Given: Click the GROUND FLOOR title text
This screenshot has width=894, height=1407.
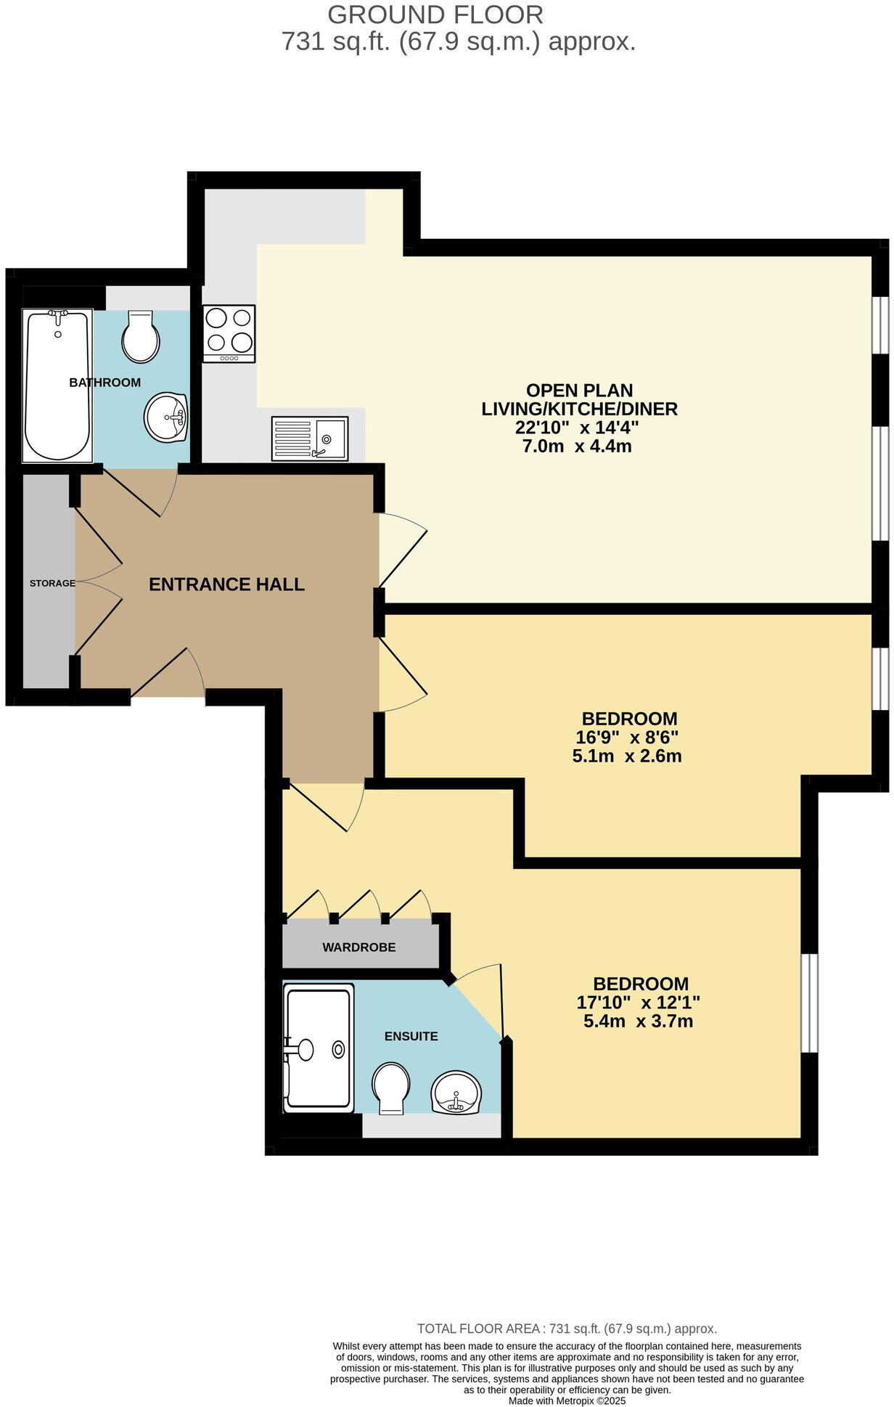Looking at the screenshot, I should click(435, 15).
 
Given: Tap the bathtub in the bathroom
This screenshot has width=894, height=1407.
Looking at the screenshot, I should click(57, 385).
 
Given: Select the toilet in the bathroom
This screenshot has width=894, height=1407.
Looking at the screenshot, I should click(140, 337).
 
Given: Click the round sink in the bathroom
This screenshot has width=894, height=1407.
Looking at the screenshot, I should click(166, 417).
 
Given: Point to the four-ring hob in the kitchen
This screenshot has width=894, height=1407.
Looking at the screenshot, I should click(229, 334).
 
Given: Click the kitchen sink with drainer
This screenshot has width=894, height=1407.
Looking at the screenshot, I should click(310, 438).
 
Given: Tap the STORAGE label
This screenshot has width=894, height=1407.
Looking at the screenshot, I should click(52, 583).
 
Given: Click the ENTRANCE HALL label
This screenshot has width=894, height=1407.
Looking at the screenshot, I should click(226, 584).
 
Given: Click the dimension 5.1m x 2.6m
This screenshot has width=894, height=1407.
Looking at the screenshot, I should click(627, 756).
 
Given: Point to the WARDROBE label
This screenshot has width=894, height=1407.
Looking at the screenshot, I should click(359, 947).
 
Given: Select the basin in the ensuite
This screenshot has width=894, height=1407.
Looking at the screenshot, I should click(456, 1093).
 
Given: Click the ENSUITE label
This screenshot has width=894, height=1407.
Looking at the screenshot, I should click(411, 1036).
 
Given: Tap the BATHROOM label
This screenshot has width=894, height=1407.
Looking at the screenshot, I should click(104, 383).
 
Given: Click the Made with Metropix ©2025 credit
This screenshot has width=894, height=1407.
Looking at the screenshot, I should click(567, 1400).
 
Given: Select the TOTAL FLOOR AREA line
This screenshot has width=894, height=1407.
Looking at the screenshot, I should click(567, 1329).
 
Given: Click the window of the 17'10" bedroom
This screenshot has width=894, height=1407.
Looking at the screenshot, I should click(809, 1002).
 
